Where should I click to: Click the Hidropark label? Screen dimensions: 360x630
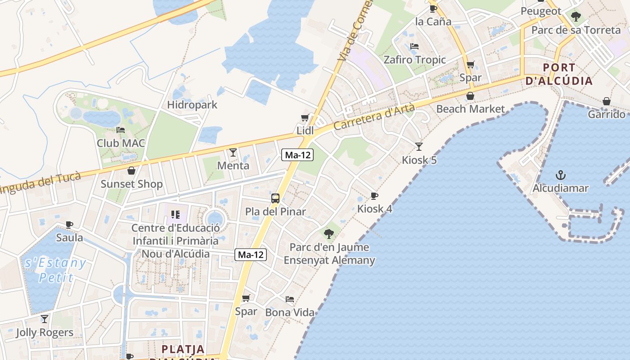tap(192, 105)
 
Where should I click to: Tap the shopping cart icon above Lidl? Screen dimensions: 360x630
tap(305, 118)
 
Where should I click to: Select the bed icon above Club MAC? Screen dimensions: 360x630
tap(120, 130)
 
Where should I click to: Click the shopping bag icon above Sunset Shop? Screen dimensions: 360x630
tap(131, 171)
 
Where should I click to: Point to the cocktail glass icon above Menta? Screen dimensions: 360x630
tap(233, 153)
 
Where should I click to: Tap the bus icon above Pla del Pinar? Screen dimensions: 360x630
tap(275, 198)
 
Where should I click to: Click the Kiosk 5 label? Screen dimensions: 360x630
tap(419, 160)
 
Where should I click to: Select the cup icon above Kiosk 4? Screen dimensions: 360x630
tap(374, 196)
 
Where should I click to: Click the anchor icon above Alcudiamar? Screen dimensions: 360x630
tap(560, 175)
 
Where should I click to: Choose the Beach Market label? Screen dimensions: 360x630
tap(470, 109)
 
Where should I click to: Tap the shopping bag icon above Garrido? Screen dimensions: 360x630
tap(606, 101)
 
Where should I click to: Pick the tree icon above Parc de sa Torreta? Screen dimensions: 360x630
tap(576, 17)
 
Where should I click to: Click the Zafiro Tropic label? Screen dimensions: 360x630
tap(414, 60)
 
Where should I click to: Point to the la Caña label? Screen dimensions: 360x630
tap(433, 21)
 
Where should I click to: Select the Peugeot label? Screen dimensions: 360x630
tap(541, 11)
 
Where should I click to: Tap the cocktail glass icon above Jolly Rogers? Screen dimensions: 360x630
tap(44, 319)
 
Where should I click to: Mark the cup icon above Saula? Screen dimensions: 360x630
tap(69, 224)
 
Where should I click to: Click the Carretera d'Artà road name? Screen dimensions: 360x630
tap(374, 118)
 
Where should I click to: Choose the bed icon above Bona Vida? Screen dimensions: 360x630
tap(290, 299)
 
